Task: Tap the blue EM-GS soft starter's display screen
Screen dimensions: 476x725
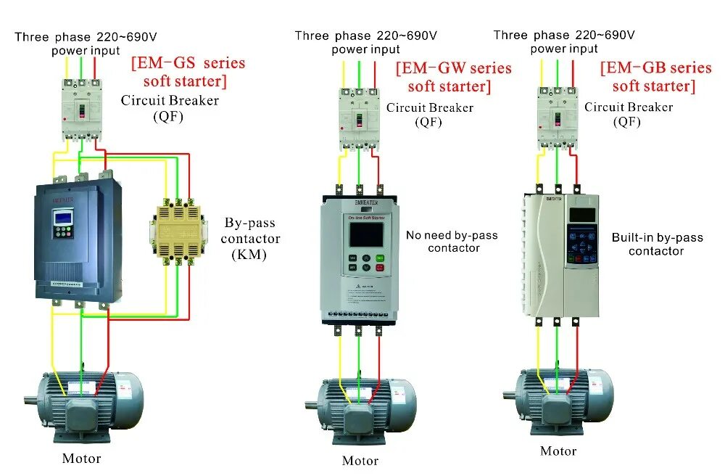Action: (x=61, y=216)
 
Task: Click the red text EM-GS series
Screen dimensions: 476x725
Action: (x=188, y=64)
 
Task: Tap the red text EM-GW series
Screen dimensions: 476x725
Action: (x=453, y=69)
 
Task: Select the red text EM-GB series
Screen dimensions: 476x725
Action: (x=655, y=68)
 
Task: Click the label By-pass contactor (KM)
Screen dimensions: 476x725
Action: (x=249, y=238)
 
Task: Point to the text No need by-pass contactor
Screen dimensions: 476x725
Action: (x=452, y=242)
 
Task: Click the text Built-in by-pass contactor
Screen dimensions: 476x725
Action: (x=656, y=244)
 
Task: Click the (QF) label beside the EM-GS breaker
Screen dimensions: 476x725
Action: (x=168, y=115)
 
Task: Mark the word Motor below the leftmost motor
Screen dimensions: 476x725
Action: (x=81, y=459)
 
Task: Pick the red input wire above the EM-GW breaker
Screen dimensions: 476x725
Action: (x=376, y=73)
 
